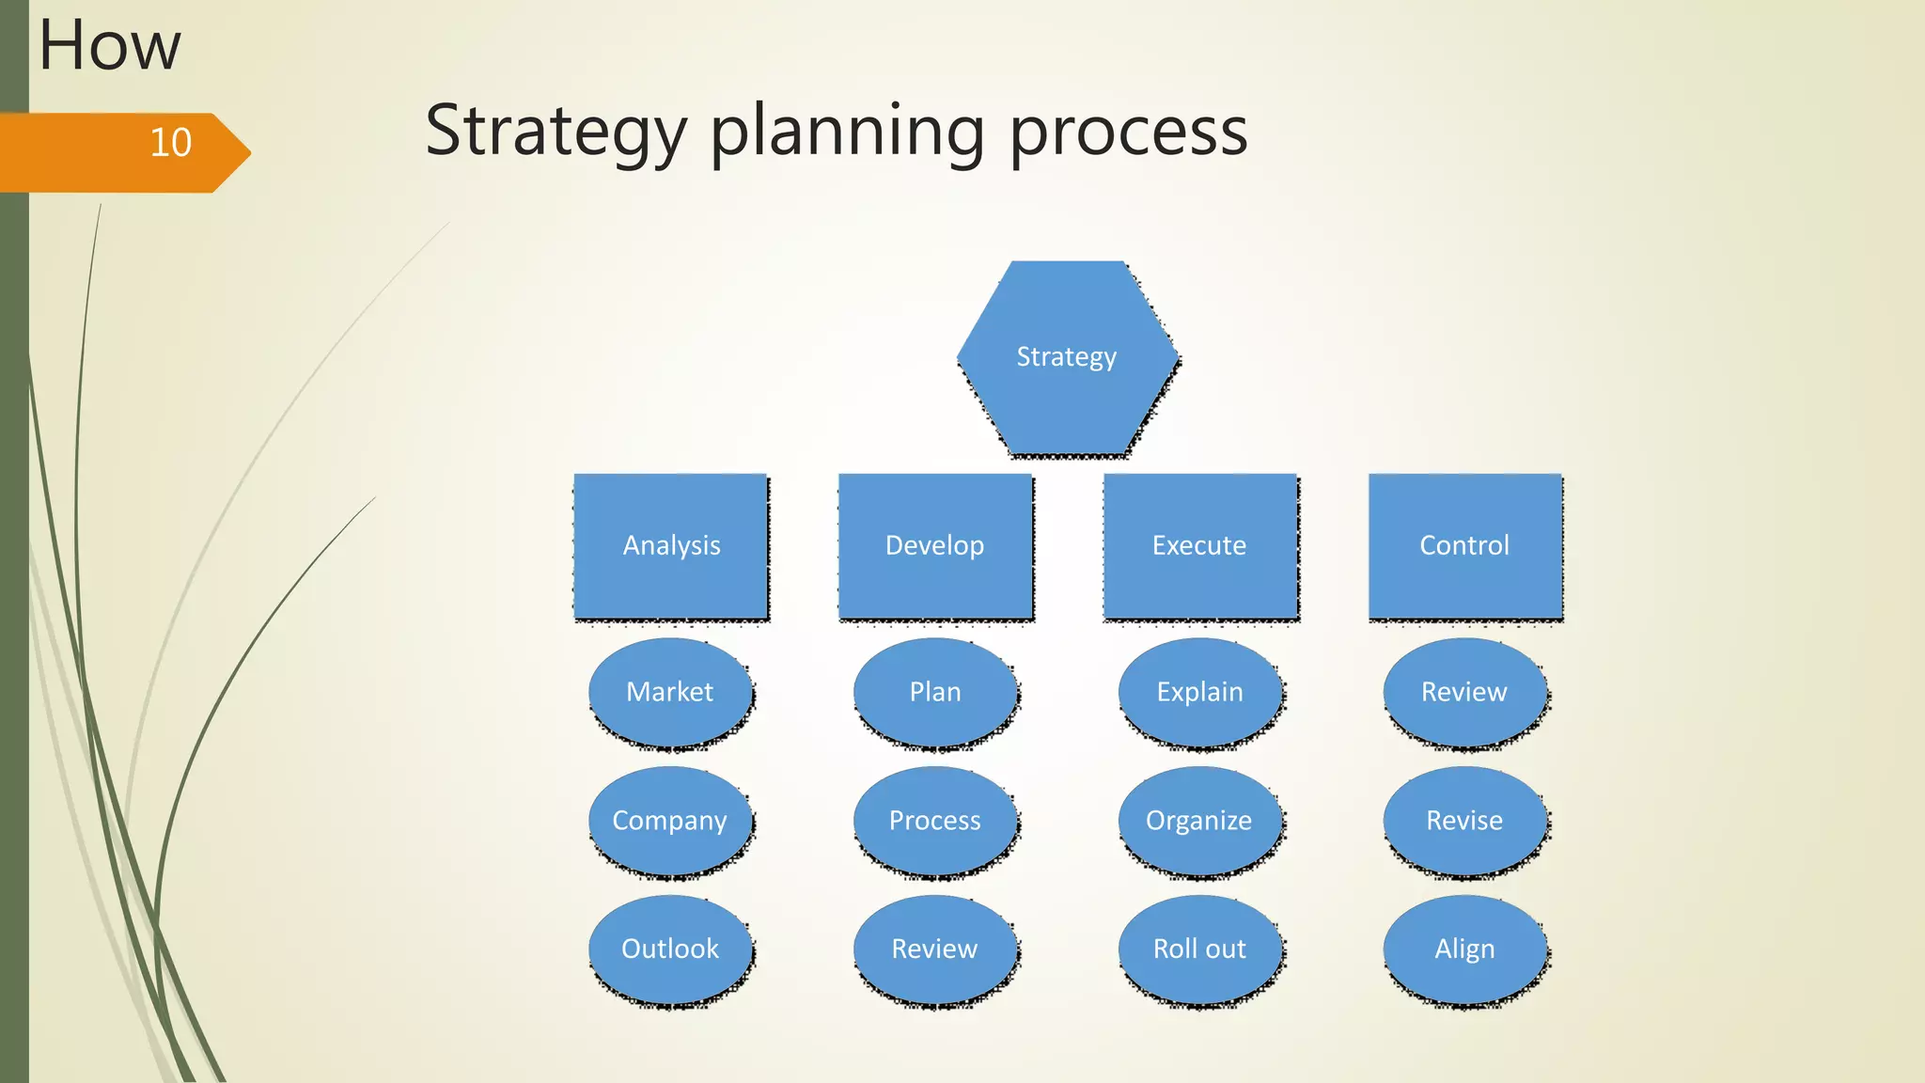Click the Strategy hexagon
pyautogui.click(x=1067, y=358)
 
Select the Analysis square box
pyautogui.click(x=671, y=545)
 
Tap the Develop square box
pyautogui.click(x=935, y=545)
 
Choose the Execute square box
pyautogui.click(x=1200, y=545)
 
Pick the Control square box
pyautogui.click(x=1464, y=545)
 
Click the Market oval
pyautogui.click(x=670, y=692)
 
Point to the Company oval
pyautogui.click(x=670, y=821)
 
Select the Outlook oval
pyautogui.click(x=670, y=949)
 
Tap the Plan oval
pyautogui.click(x=935, y=692)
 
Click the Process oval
pyautogui.click(x=935, y=821)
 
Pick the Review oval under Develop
pyautogui.click(x=935, y=949)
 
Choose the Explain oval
pyautogui.click(x=1200, y=692)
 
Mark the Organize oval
pyautogui.click(x=1200, y=821)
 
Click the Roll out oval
pyautogui.click(x=1200, y=949)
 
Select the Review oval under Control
pyautogui.click(x=1464, y=692)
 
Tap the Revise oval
pyautogui.click(x=1464, y=821)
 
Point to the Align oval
pyautogui.click(x=1464, y=949)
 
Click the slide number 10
pyautogui.click(x=171, y=143)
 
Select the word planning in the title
pyautogui.click(x=847, y=132)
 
